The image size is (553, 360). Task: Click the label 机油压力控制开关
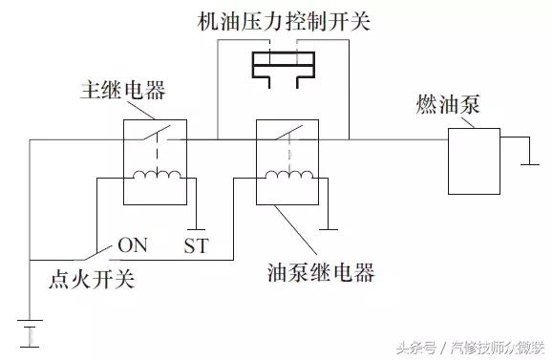tap(276, 20)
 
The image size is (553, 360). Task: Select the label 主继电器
tap(122, 92)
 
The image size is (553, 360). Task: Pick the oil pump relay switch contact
tap(287, 133)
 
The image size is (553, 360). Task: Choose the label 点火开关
tap(92, 279)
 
